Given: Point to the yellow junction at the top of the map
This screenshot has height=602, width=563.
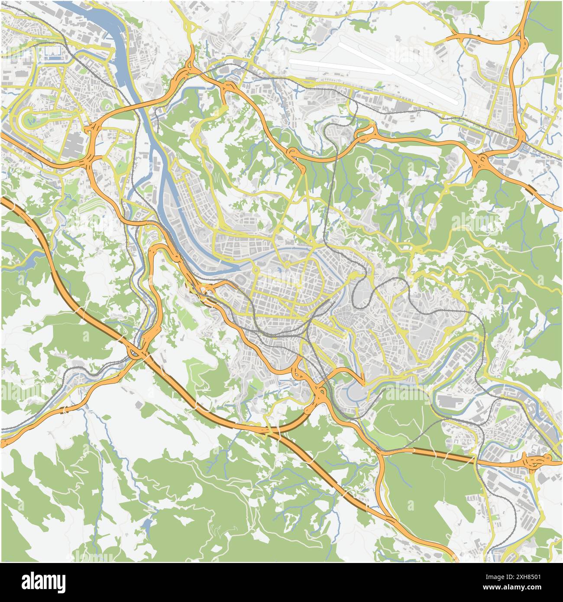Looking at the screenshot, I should coord(191,28).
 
